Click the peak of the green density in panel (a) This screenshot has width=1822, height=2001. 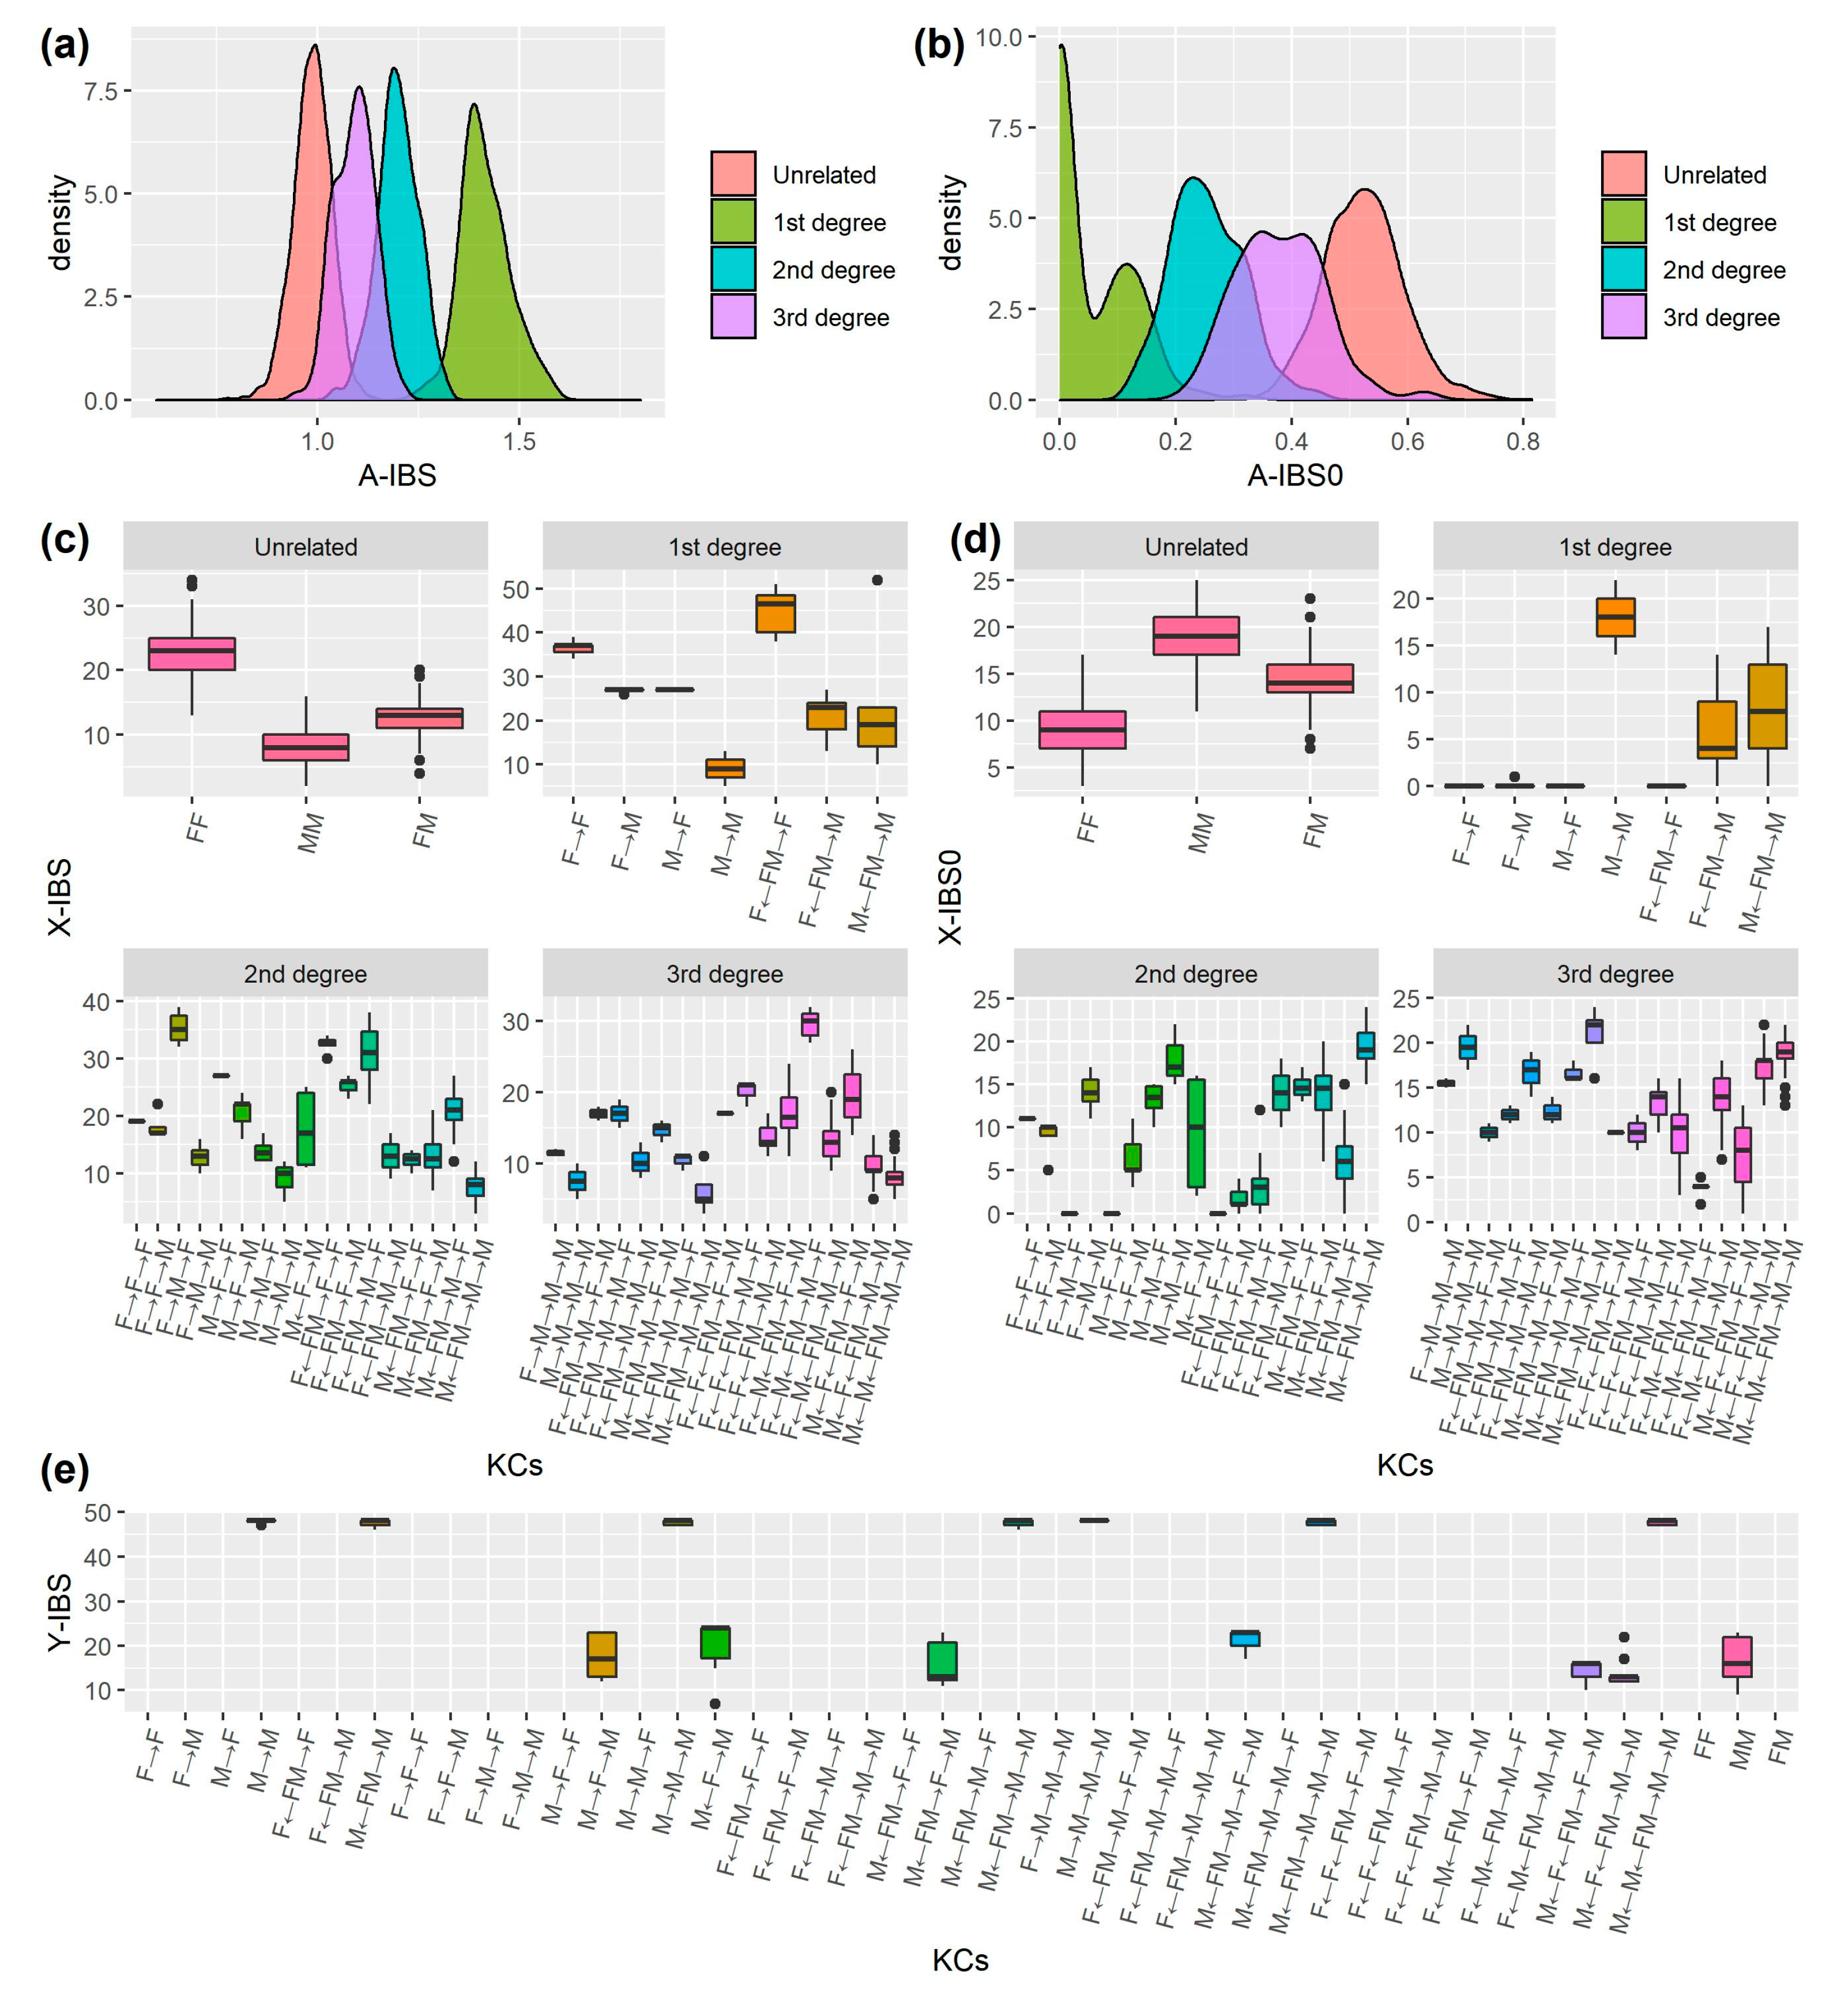point(475,105)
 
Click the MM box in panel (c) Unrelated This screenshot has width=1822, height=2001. point(306,747)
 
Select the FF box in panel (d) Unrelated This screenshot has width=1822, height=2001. point(1082,729)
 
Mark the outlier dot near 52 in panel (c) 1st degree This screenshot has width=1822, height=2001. point(876,581)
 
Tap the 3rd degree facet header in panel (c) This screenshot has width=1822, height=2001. point(724,974)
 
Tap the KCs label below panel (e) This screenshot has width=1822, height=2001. point(959,1960)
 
